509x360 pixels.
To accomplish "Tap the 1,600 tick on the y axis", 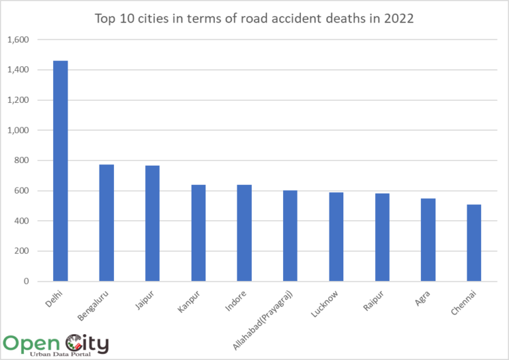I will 18,40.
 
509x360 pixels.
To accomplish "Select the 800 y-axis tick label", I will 23,160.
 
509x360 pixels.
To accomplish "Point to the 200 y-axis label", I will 23,251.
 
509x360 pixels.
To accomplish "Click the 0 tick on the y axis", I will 27,282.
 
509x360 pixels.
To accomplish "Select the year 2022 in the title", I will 399,19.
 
